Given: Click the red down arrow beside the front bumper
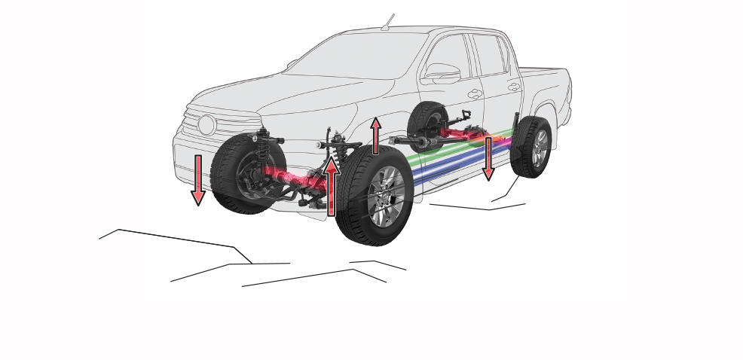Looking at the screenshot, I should [198, 179].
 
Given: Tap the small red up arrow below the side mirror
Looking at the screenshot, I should [375, 136].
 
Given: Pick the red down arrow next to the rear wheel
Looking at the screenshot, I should [488, 158].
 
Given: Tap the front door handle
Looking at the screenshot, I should [474, 94].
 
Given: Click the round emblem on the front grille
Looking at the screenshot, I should [206, 125].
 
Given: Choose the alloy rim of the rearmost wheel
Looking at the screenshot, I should [540, 148].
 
